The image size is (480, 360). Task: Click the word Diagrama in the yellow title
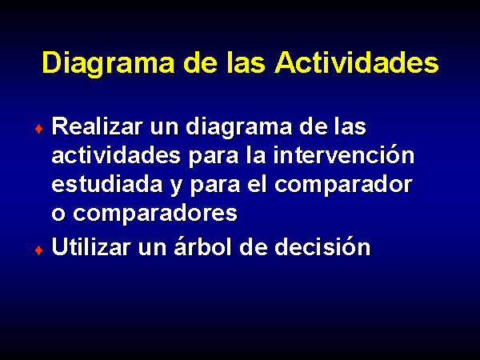[109, 63]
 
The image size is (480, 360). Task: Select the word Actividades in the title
[357, 62]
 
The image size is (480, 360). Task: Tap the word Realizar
[98, 126]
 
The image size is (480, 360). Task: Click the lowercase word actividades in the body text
[116, 155]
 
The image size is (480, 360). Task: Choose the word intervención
[344, 154]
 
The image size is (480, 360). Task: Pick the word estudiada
[107, 184]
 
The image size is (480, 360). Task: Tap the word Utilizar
[91, 246]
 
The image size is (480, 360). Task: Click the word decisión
[322, 246]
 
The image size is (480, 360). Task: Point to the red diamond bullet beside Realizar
[39, 129]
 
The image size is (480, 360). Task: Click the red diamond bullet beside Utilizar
[39, 250]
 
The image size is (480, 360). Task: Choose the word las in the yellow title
[246, 63]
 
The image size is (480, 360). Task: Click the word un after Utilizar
[153, 249]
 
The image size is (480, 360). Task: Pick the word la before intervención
[257, 155]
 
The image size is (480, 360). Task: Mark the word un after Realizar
[164, 129]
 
